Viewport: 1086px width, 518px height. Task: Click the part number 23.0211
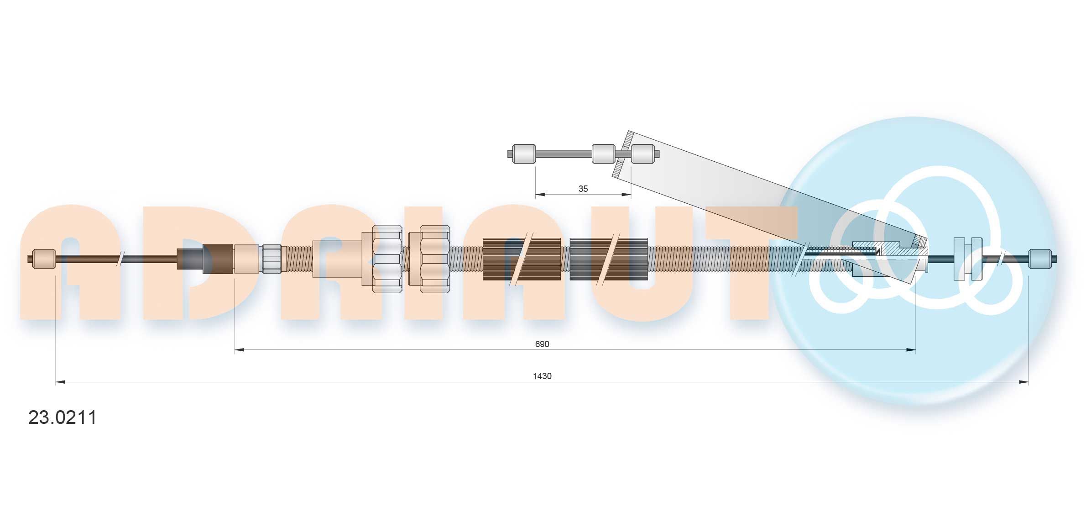click(63, 418)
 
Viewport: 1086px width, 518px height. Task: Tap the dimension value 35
click(583, 189)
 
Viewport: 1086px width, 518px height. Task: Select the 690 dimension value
click(542, 344)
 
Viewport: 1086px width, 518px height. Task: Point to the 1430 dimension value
click(542, 376)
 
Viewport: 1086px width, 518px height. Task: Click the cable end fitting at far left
click(45, 259)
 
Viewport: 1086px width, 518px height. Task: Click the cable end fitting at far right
click(1040, 259)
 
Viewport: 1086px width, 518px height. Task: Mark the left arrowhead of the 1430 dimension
click(61, 382)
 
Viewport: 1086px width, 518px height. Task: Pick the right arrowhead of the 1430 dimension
click(1023, 382)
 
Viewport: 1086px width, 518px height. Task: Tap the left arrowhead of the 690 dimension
click(240, 350)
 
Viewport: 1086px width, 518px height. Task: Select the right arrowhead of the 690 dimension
click(911, 350)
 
